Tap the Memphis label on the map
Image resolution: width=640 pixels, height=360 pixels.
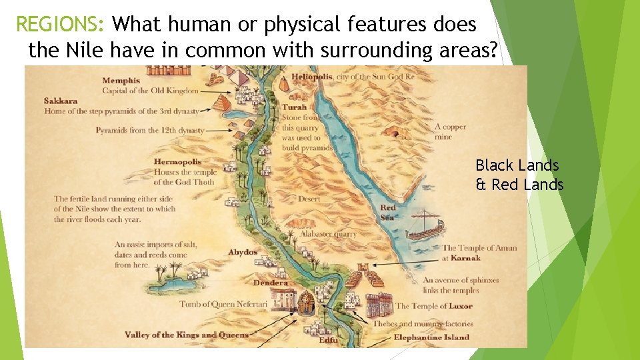tap(121, 81)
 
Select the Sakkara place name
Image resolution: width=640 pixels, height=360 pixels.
tap(61, 101)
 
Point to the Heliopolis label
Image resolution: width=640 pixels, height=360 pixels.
tap(312, 77)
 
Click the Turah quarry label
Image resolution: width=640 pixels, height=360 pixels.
tap(295, 107)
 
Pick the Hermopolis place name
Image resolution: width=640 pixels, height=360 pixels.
tap(177, 162)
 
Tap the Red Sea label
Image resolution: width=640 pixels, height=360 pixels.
tap(388, 212)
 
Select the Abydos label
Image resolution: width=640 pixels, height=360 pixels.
tap(243, 253)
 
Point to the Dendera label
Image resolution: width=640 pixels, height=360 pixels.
tap(271, 283)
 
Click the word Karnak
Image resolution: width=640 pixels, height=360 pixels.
tap(465, 258)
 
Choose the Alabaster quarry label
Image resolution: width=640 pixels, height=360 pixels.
tap(327, 234)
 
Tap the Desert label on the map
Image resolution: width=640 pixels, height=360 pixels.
tap(309, 199)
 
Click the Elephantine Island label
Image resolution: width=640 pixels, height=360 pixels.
tap(431, 337)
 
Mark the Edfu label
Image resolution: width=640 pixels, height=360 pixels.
tap(328, 341)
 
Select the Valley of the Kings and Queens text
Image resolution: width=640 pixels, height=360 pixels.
tap(186, 335)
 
